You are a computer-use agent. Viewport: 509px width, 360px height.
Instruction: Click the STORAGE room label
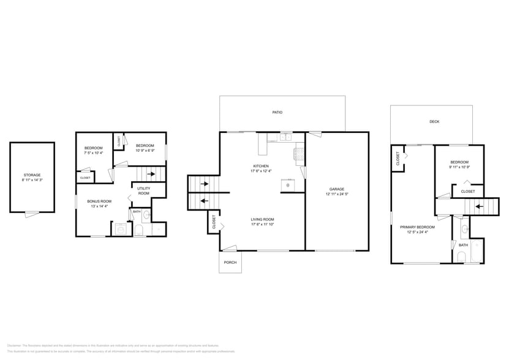coord(32,175)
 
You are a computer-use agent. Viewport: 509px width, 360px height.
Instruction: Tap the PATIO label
coord(277,113)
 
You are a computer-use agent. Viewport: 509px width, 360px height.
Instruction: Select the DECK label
coord(434,122)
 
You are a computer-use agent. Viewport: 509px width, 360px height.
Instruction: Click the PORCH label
coord(230,262)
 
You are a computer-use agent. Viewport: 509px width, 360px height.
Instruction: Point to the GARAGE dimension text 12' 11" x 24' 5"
coord(338,194)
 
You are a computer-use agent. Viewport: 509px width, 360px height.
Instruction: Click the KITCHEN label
coord(262,167)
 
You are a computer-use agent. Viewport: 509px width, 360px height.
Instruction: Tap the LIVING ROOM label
coord(262,219)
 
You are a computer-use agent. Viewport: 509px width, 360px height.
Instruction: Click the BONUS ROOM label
coord(99,201)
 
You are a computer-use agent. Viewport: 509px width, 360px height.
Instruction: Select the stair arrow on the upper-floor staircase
coord(477,206)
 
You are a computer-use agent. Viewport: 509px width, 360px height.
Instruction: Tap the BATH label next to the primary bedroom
coord(463,245)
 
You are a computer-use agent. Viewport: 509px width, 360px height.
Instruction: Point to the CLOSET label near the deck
coord(398,160)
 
